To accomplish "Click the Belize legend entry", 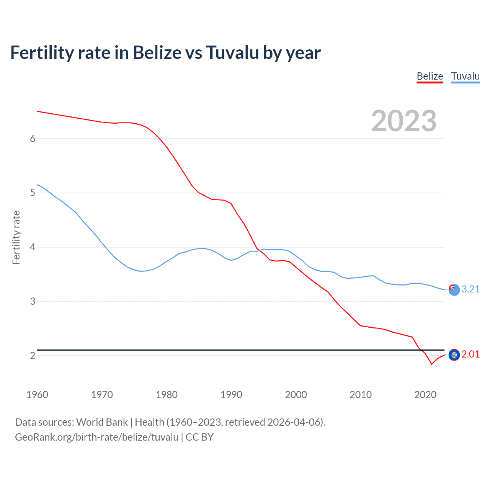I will pyautogui.click(x=430, y=76).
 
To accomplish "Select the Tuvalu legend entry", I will pyautogui.click(x=465, y=76).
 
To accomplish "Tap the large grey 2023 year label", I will pyautogui.click(x=403, y=121).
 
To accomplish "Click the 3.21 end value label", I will pyautogui.click(x=470, y=289).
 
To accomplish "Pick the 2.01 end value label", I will pyautogui.click(x=470, y=354).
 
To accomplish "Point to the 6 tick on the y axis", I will pyautogui.click(x=33, y=139).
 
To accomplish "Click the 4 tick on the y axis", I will pyautogui.click(x=33, y=247).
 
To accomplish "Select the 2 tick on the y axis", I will pyautogui.click(x=33, y=356).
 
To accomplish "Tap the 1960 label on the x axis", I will pyautogui.click(x=37, y=395).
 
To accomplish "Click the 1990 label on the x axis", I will pyautogui.click(x=231, y=395).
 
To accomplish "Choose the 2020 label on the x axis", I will pyautogui.click(x=425, y=395).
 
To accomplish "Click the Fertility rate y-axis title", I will pyautogui.click(x=16, y=237).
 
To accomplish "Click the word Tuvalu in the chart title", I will pyautogui.click(x=232, y=52).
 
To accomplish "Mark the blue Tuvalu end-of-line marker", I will pyautogui.click(x=454, y=290).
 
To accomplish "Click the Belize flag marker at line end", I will pyautogui.click(x=454, y=355).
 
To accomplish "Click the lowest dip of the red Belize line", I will pyautogui.click(x=431, y=364).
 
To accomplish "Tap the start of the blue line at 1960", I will pyautogui.click(x=37, y=185).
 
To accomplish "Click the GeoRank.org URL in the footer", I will pyautogui.click(x=96, y=437).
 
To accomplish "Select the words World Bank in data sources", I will pyautogui.click(x=102, y=422).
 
